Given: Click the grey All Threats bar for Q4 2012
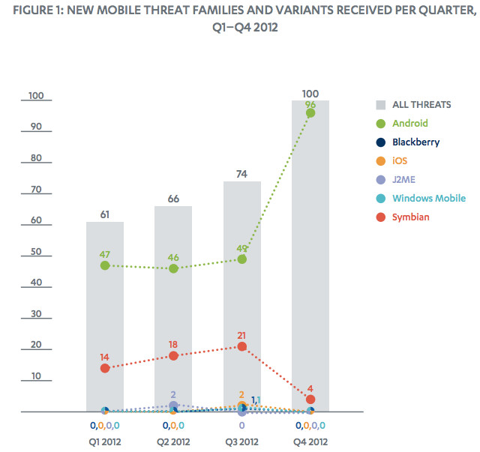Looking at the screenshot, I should (x=310, y=225).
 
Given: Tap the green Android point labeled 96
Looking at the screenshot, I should (x=310, y=113).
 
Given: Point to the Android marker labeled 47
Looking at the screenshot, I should (x=105, y=265).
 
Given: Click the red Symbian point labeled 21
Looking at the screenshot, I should (x=241, y=346).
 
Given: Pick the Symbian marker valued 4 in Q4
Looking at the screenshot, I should (x=310, y=400).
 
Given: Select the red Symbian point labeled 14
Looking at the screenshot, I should (x=105, y=368).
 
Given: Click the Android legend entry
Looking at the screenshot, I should (x=409, y=123).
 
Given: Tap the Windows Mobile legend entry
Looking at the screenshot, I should (x=428, y=199).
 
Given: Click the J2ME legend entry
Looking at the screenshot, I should (x=406, y=180).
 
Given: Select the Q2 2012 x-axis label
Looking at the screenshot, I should (x=173, y=441).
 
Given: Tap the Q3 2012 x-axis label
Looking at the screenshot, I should (x=241, y=441).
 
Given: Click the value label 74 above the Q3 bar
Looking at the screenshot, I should (x=241, y=173).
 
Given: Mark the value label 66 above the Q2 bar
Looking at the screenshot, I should (x=173, y=198).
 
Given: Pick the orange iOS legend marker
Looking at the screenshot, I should (x=380, y=161).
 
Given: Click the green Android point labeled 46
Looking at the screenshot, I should (x=173, y=268).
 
